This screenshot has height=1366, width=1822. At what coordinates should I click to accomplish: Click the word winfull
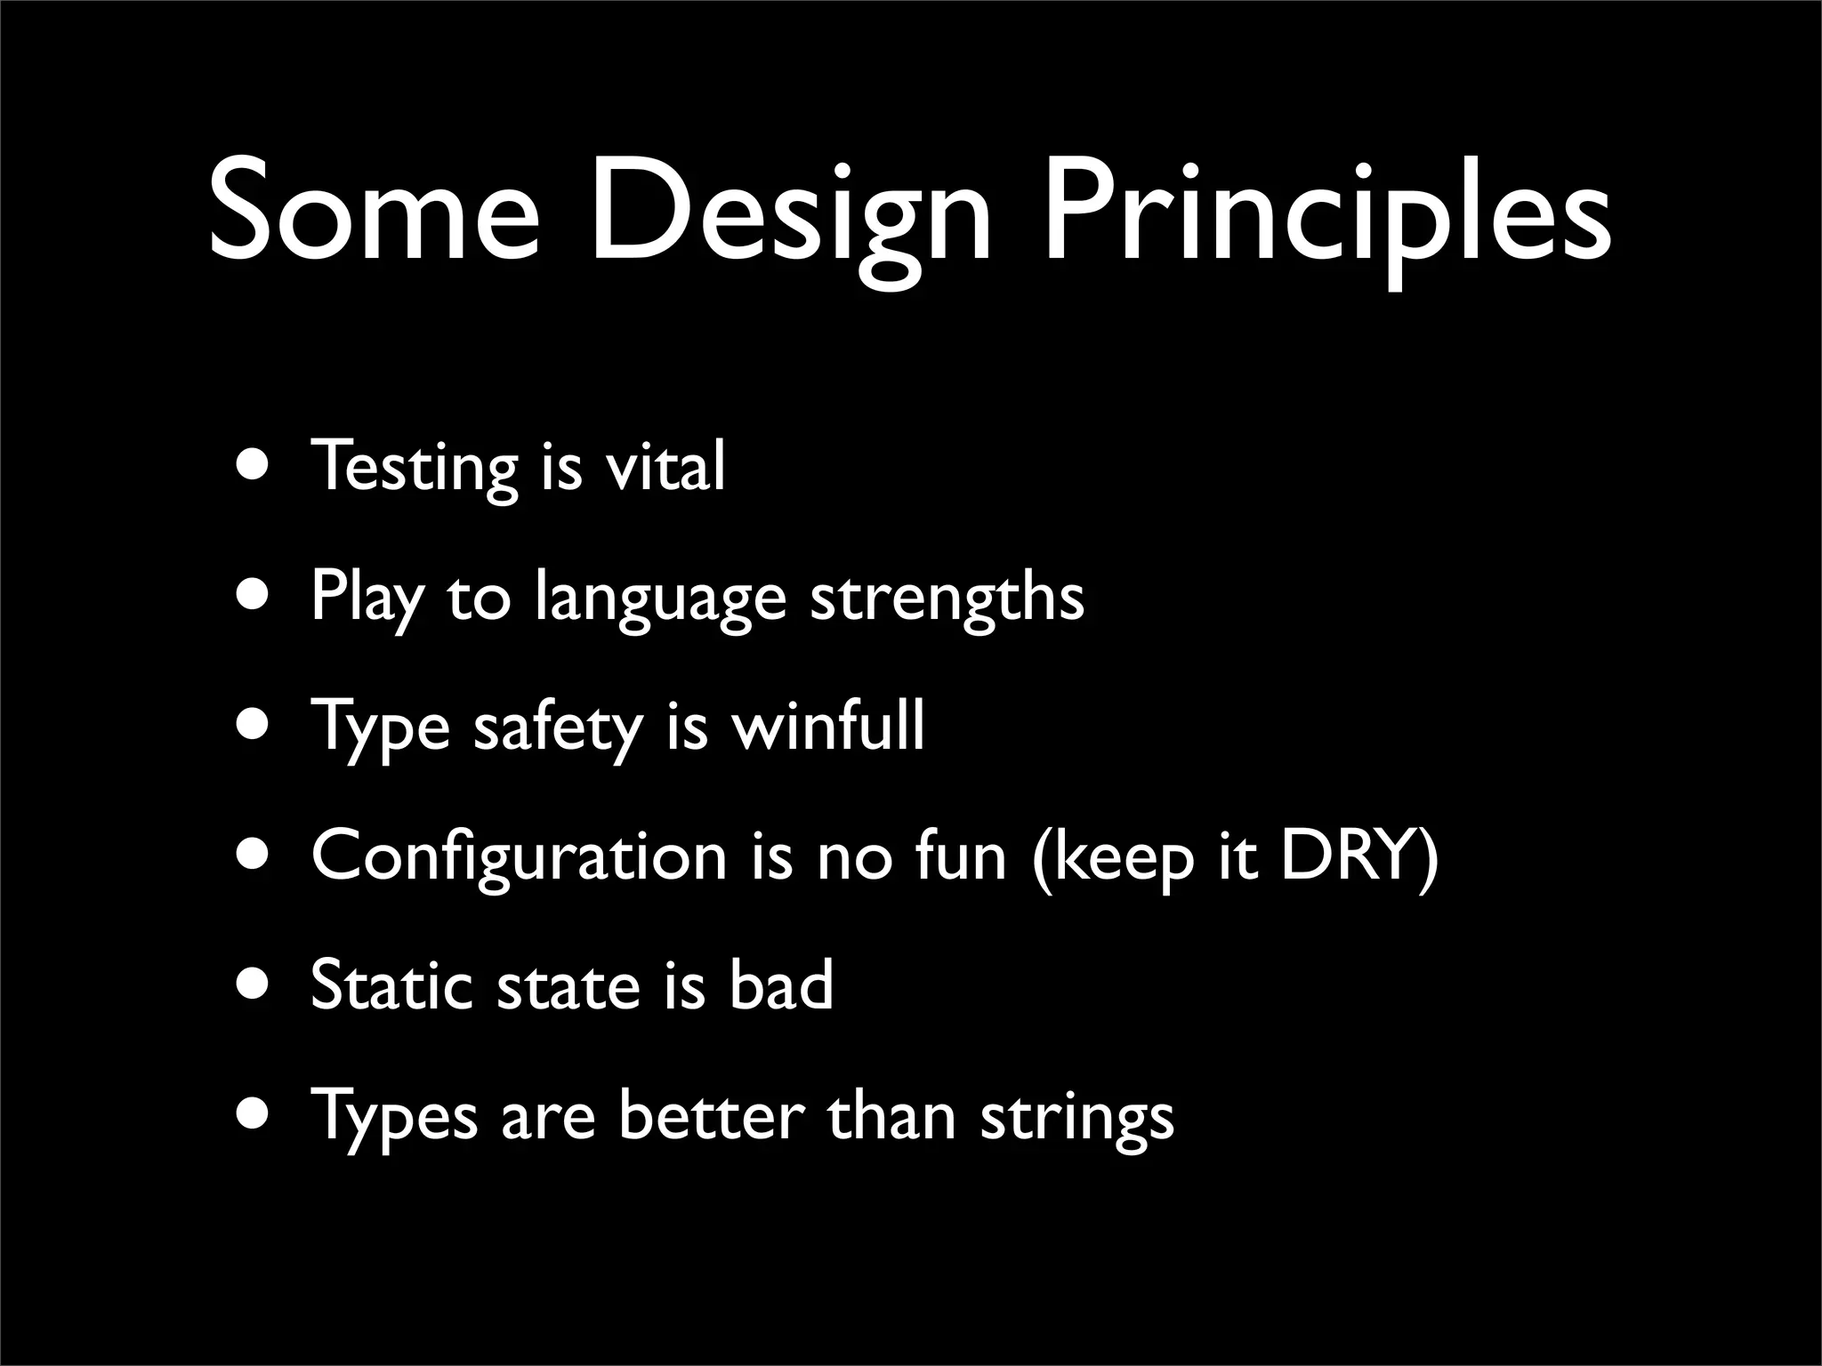point(827,725)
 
